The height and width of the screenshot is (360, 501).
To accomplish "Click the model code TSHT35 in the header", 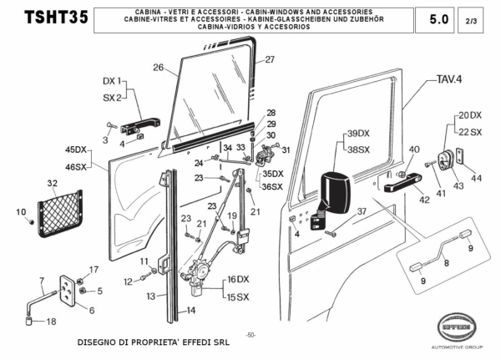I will click(x=56, y=18).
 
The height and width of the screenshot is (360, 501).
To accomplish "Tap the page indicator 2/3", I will click(x=473, y=18).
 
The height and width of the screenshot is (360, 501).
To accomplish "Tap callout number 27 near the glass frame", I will click(x=270, y=59).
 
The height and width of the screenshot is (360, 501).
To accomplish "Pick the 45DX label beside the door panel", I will click(x=75, y=150).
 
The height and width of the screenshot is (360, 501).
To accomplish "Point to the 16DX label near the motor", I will click(x=238, y=278).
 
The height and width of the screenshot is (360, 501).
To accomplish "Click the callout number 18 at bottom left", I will click(x=51, y=322).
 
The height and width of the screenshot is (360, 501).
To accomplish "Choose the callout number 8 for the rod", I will click(x=445, y=261).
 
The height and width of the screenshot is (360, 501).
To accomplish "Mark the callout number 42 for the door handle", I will click(x=424, y=200).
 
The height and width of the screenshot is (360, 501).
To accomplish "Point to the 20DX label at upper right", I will click(x=469, y=115).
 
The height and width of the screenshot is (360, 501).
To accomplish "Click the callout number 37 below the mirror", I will click(x=361, y=211).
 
